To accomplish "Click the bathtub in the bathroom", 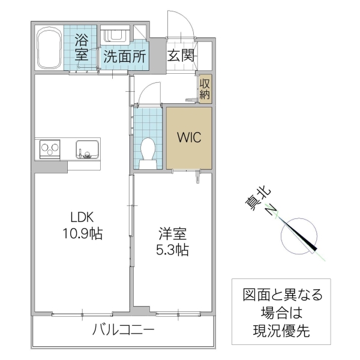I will click(49, 48).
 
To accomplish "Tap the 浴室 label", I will click(82, 48).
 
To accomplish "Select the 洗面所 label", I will click(124, 57).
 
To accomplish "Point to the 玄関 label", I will click(180, 56).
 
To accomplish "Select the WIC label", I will click(188, 136).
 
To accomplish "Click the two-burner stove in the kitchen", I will click(50, 148).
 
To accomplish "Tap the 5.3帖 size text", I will click(170, 250).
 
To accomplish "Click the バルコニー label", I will click(124, 331).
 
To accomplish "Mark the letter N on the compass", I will click(272, 209).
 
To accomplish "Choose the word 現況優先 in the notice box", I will click(282, 329).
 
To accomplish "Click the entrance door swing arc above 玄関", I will click(181, 24).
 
